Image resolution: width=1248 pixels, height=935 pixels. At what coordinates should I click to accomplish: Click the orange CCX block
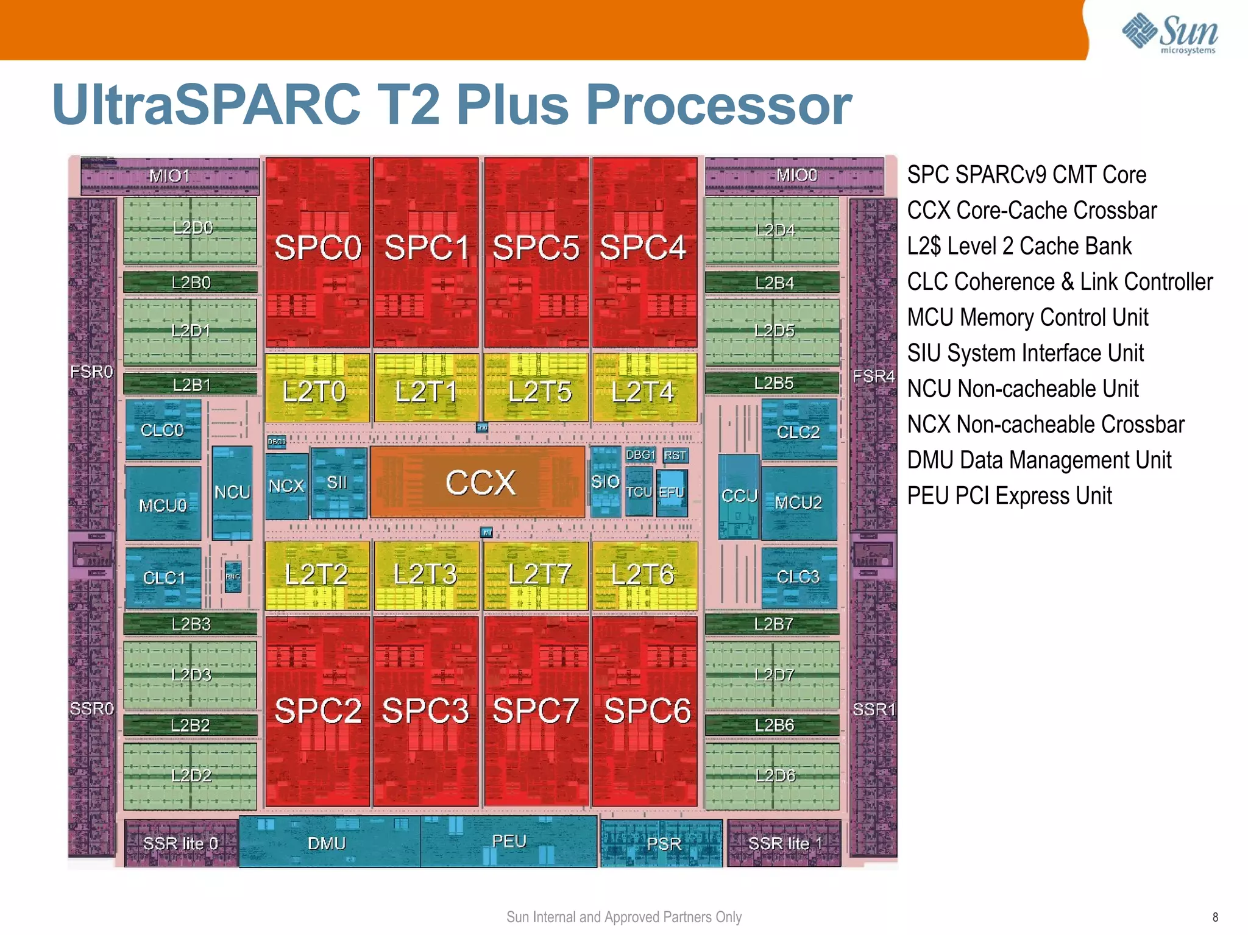click(x=479, y=482)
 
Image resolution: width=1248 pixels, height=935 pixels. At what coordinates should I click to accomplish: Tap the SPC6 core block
click(x=646, y=711)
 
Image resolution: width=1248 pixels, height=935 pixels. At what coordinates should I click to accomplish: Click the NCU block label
click(x=232, y=492)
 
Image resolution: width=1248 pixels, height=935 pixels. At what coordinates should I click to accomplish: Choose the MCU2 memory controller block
click(x=798, y=503)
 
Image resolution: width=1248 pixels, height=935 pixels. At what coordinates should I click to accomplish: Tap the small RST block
click(x=675, y=456)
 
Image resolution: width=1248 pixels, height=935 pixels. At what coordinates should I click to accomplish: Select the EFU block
click(x=672, y=492)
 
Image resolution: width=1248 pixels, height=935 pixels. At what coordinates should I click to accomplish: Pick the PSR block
click(x=663, y=844)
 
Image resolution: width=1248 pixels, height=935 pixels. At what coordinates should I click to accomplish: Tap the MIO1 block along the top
click(x=170, y=177)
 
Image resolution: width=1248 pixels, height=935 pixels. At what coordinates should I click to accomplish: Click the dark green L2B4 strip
click(x=773, y=283)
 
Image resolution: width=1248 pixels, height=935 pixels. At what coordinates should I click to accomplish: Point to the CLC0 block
click(x=163, y=430)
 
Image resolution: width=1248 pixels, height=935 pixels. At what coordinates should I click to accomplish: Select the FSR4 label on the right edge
click(x=873, y=376)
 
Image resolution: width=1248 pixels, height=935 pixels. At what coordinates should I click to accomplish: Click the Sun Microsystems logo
click(x=1170, y=34)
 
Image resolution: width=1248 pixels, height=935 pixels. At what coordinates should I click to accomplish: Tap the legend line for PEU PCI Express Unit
click(x=1009, y=496)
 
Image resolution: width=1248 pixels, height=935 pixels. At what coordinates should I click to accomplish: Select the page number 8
click(x=1215, y=917)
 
